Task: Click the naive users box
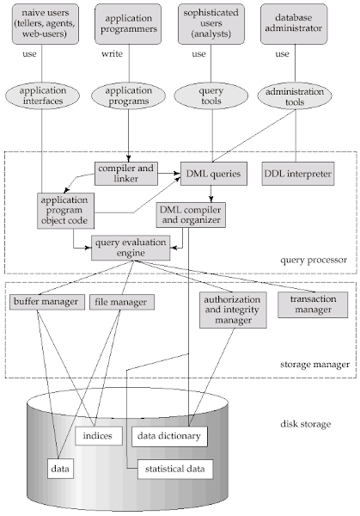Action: [x=46, y=24]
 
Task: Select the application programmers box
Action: [x=128, y=24]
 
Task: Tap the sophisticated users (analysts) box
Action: [x=211, y=24]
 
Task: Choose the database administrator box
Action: [x=294, y=24]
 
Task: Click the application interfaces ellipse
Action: [x=42, y=95]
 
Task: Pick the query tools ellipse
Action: [x=211, y=95]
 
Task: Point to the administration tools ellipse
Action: [x=295, y=95]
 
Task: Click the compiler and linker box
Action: [x=126, y=174]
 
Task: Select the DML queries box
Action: [x=214, y=174]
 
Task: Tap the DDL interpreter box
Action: [x=298, y=174]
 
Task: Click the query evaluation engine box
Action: [x=131, y=248]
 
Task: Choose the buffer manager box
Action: [x=46, y=302]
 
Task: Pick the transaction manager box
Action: [x=313, y=304]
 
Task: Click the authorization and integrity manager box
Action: [x=233, y=310]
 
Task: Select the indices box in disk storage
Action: [x=99, y=436]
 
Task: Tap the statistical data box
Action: [x=175, y=470]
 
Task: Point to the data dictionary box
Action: [x=169, y=437]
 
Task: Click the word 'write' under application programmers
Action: [x=112, y=53]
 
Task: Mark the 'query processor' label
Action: [x=314, y=261]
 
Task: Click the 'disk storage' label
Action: [x=305, y=424]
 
